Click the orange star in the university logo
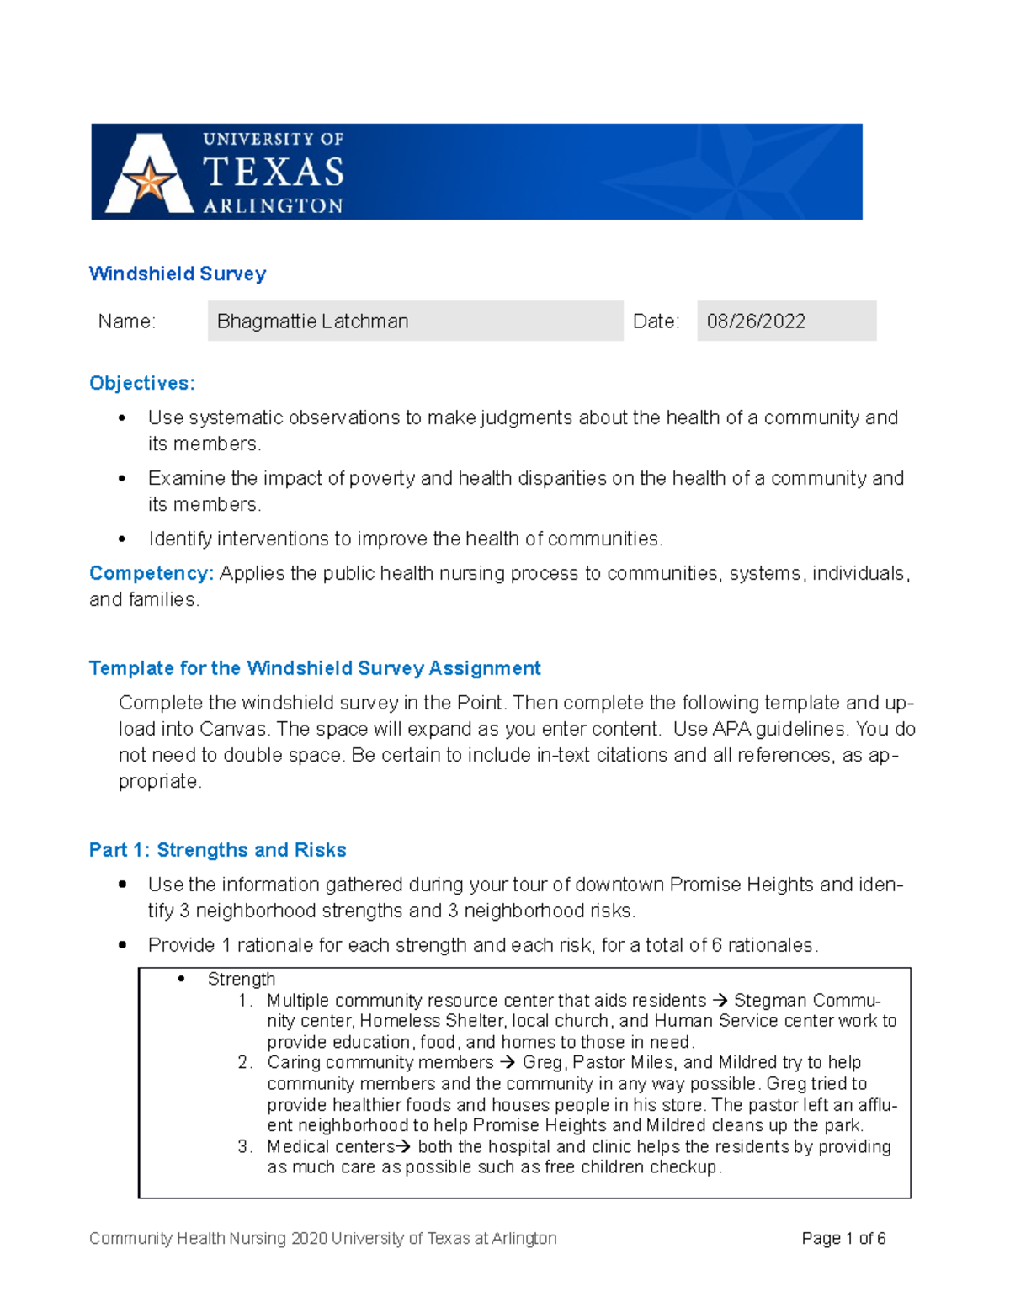tap(149, 180)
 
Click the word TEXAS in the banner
tap(274, 173)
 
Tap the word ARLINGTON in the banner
tap(274, 206)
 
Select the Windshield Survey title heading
tap(178, 274)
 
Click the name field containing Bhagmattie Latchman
tap(414, 321)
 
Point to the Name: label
tap(126, 321)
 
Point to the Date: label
tap(656, 321)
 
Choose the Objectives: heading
tap(141, 383)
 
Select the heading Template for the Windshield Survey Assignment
tap(315, 668)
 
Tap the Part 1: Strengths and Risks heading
tap(217, 850)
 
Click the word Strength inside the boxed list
tap(242, 979)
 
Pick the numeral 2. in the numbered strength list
tap(244, 1063)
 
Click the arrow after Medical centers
tap(403, 1146)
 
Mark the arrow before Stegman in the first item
tap(720, 1001)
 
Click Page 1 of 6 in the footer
tap(843, 1238)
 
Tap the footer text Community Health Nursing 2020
tap(209, 1238)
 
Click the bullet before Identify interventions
tap(123, 539)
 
